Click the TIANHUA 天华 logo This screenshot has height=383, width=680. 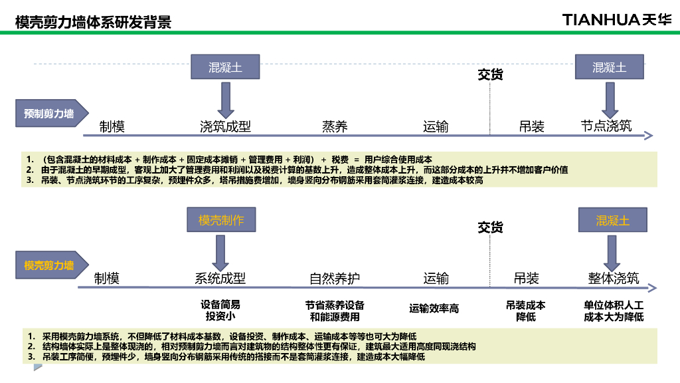point(617,19)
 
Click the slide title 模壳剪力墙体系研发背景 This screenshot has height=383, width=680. point(93,22)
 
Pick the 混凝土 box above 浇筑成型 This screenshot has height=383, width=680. point(225,68)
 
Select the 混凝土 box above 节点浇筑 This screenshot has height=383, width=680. point(610,68)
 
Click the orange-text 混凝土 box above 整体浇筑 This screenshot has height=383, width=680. point(612,221)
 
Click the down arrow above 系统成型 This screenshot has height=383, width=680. point(220,253)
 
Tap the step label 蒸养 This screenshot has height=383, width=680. point(335,126)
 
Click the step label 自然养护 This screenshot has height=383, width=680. point(335,278)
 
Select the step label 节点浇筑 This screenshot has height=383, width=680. point(606,126)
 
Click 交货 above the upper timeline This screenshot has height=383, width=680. point(490,74)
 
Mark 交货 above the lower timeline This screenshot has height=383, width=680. point(490,227)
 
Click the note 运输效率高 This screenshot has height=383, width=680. point(434,309)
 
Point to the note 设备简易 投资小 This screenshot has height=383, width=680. point(220,310)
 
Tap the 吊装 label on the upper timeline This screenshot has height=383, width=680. point(532,126)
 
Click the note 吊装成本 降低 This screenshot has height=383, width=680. point(526,311)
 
